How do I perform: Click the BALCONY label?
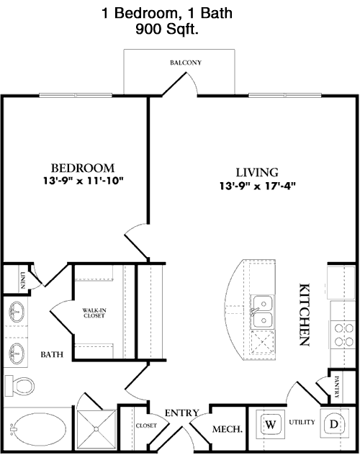click(186, 63)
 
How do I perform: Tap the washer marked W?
click(271, 425)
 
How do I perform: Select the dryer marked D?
click(334, 424)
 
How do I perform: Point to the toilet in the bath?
click(19, 386)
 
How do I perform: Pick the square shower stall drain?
click(96, 428)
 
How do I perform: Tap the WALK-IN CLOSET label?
click(94, 312)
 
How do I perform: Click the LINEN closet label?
click(22, 280)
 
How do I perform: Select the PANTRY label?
click(336, 387)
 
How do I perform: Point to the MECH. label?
click(228, 429)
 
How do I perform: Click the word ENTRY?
click(182, 413)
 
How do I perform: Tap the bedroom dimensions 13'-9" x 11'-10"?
click(84, 181)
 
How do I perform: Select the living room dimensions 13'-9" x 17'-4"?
click(257, 186)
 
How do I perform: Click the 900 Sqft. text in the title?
click(167, 29)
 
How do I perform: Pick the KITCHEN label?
click(305, 315)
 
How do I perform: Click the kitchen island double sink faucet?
click(253, 312)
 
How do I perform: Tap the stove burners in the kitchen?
click(344, 335)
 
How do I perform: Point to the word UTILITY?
click(302, 422)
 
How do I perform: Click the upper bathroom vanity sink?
click(17, 312)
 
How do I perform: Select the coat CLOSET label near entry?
click(146, 425)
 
